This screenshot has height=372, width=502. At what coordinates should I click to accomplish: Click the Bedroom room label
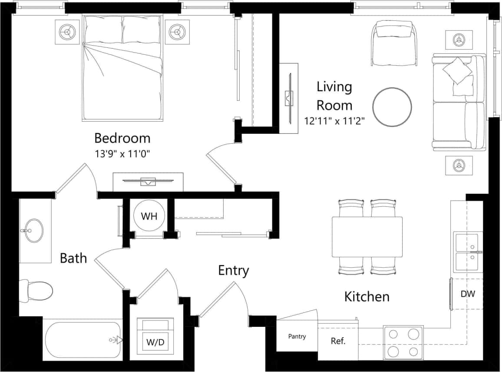click(122, 138)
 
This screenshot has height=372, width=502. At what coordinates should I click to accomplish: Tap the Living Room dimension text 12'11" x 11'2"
click(334, 121)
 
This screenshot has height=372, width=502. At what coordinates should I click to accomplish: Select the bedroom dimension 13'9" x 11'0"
click(122, 153)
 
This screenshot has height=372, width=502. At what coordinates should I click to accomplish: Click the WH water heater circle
click(149, 216)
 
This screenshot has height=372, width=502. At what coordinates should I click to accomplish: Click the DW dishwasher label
click(468, 294)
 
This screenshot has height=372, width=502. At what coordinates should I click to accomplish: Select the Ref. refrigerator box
click(338, 341)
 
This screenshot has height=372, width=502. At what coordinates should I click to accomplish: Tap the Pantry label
click(297, 336)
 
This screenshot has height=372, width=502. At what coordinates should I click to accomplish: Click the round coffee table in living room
click(392, 107)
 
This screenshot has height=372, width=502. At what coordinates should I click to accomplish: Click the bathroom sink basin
click(32, 230)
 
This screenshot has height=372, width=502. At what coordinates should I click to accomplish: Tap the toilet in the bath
click(36, 290)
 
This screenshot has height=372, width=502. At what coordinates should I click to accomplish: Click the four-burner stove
click(403, 342)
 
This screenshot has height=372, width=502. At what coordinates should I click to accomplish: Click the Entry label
click(233, 271)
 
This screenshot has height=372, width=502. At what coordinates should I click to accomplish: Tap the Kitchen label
click(367, 297)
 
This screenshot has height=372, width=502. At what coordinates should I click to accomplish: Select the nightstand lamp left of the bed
click(67, 32)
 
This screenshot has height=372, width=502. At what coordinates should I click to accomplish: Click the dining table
click(367, 237)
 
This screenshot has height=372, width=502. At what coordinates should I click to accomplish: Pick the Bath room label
click(73, 258)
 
